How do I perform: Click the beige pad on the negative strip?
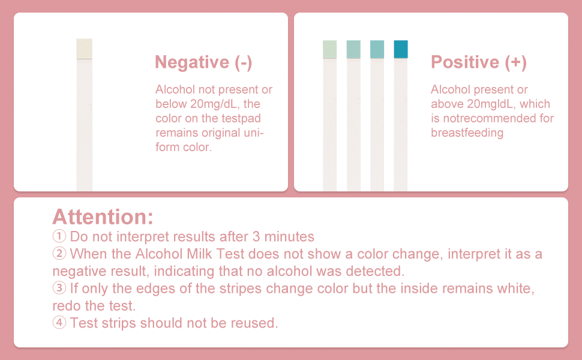point(84,49)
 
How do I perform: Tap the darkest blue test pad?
point(401,49)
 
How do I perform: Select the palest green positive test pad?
point(330,49)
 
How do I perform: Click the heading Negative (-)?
point(203,62)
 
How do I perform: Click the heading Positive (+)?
point(478,62)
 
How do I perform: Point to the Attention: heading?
point(103,216)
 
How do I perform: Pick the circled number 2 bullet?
point(59,253)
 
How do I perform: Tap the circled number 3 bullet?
point(59,288)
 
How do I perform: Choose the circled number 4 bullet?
point(59,323)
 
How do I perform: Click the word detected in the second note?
point(370,271)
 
